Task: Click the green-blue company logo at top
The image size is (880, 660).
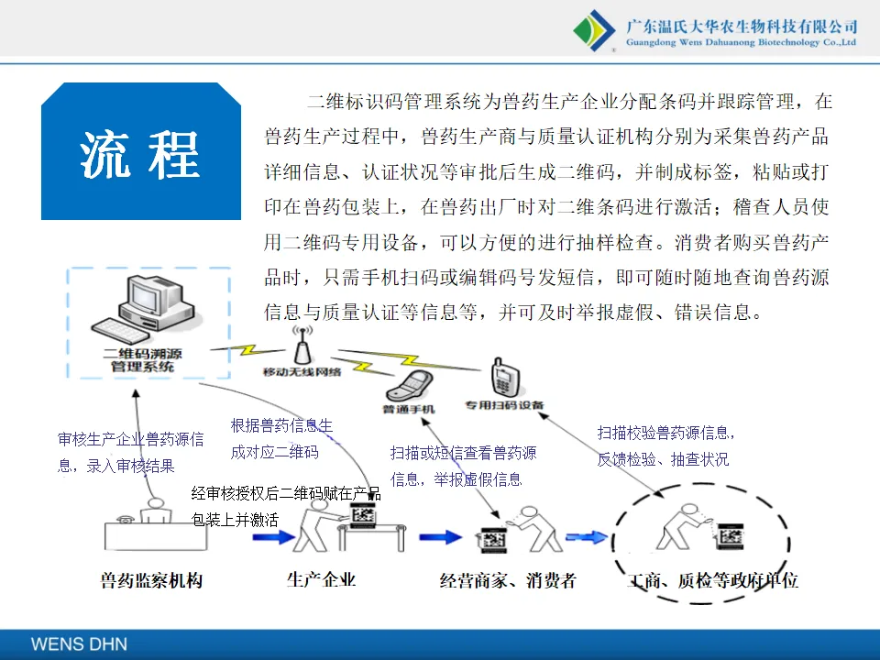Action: click(x=594, y=30)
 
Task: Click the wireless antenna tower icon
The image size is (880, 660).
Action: click(x=300, y=346)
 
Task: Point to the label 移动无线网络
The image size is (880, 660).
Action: click(x=302, y=372)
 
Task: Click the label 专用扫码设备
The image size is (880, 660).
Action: click(x=503, y=404)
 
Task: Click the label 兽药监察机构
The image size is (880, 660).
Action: click(x=151, y=580)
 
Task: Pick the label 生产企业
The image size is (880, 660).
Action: click(x=321, y=579)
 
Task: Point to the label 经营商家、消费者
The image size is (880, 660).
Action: click(x=508, y=580)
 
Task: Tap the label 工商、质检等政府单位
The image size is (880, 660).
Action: click(x=712, y=581)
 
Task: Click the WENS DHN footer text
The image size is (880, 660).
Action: click(x=79, y=643)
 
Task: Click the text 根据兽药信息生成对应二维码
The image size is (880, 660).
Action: click(x=281, y=438)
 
